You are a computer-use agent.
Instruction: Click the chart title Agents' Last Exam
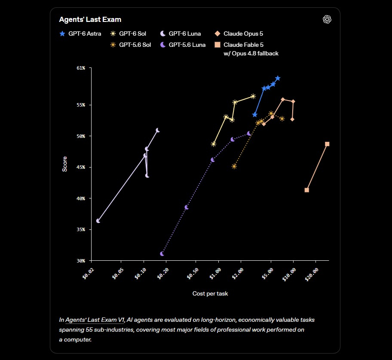90,19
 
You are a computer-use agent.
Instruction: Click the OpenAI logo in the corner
327,19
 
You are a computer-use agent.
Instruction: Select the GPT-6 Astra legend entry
80,34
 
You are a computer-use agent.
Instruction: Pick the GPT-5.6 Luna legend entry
183,45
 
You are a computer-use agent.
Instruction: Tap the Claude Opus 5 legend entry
239,34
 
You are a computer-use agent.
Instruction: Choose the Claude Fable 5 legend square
217,45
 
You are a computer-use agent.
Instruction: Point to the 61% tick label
81,68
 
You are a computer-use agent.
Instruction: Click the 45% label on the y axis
81,167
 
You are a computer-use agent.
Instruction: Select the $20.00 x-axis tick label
312,275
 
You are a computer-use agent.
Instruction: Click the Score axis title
64,164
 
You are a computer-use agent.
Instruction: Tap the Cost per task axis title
210,293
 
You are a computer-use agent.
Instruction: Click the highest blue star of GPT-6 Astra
278,79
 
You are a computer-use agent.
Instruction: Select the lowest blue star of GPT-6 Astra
255,115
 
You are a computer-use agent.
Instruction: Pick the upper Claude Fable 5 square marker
327,144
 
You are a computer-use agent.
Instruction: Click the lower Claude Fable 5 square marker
307,190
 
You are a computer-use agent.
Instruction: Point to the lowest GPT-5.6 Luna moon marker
162,254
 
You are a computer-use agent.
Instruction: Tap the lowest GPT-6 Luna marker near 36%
98,221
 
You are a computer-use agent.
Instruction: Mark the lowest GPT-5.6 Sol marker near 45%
234,166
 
